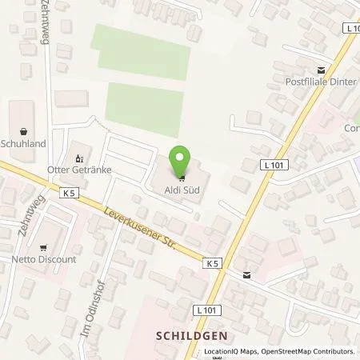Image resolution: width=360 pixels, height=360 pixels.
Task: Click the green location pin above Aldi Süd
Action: pyautogui.click(x=182, y=159)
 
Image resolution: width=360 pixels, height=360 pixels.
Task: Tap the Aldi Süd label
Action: pyautogui.click(x=182, y=189)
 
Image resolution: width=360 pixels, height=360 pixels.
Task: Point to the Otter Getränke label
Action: pyautogui.click(x=80, y=169)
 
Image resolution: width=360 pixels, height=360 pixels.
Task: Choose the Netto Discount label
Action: pyautogui.click(x=50, y=259)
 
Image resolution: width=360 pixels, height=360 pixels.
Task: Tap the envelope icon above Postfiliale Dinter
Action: pyautogui.click(x=322, y=70)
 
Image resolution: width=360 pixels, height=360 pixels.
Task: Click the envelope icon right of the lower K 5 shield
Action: pyautogui.click(x=246, y=275)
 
